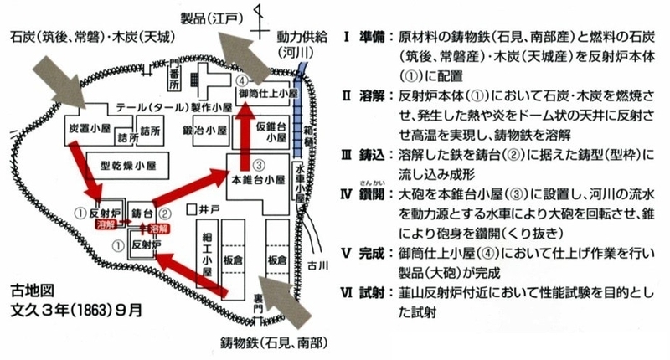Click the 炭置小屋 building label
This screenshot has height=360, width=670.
(x=90, y=128)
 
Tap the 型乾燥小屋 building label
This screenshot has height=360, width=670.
(x=128, y=165)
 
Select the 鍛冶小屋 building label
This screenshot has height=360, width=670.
(x=204, y=130)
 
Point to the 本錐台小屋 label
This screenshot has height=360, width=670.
(x=258, y=180)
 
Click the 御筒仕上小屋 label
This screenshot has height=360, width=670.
(x=268, y=93)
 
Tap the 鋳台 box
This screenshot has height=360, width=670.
(x=140, y=213)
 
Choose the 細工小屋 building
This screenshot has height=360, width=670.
(x=207, y=255)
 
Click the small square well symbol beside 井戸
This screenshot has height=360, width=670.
(x=192, y=209)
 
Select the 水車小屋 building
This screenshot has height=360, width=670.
(x=300, y=182)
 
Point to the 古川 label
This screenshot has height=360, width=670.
(x=318, y=265)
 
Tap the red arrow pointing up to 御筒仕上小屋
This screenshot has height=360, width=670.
(x=245, y=136)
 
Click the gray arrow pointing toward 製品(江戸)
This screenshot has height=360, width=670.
(x=243, y=57)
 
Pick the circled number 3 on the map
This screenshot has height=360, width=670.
(x=259, y=165)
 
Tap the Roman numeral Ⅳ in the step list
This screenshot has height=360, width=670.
(x=346, y=195)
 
